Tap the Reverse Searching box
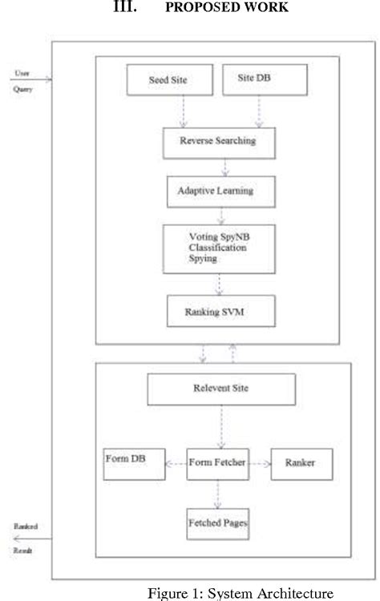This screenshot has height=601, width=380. point(220,143)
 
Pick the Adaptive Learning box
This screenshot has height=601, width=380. point(220,193)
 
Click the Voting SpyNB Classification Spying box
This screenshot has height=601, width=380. point(220,249)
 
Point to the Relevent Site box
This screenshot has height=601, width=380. point(220,390)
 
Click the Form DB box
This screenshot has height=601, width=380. point(134,463)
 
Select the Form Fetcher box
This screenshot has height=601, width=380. point(216,463)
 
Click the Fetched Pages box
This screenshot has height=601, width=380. point(217,525)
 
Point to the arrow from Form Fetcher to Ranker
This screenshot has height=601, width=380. point(259,463)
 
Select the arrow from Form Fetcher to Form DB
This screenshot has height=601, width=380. point(176,463)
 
